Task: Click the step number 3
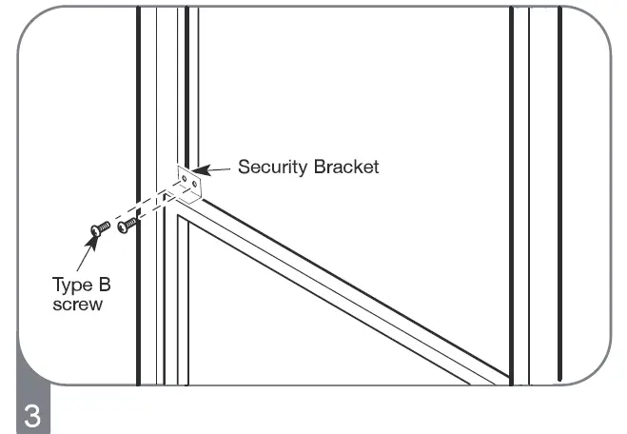click(x=29, y=416)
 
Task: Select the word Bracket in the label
click(x=345, y=168)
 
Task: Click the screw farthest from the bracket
click(x=98, y=228)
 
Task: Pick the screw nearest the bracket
click(x=127, y=226)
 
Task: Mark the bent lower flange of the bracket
click(x=189, y=199)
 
